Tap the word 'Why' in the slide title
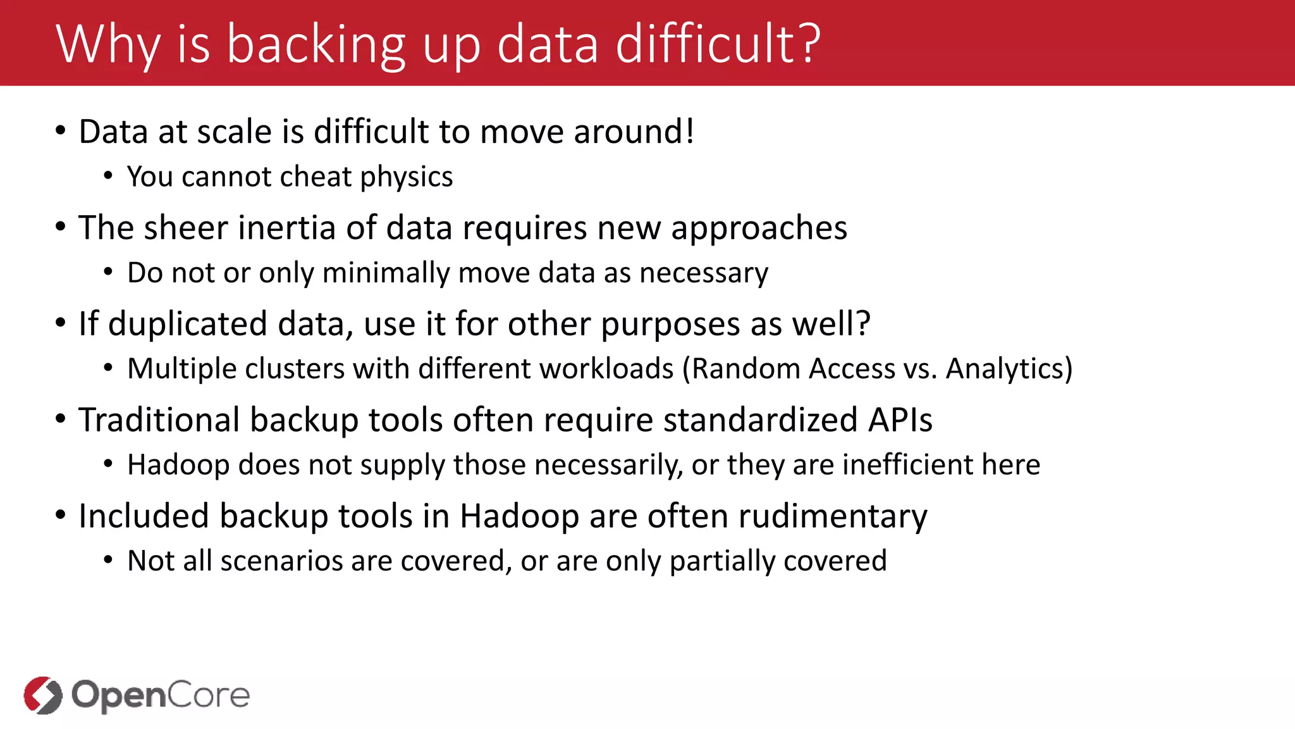tap(108, 44)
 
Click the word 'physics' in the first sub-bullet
tap(406, 177)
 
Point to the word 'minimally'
tap(386, 273)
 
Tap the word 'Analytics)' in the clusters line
tap(1009, 369)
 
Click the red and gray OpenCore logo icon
tap(43, 695)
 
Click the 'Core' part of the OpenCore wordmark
tap(209, 695)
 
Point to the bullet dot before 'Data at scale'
tap(61, 132)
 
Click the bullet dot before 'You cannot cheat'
tap(109, 177)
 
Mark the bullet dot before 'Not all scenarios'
tap(109, 561)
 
